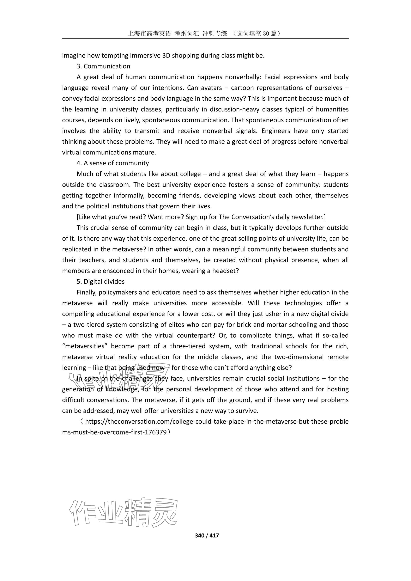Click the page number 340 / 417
(207, 535)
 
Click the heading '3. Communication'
(103, 66)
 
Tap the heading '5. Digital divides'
(101, 282)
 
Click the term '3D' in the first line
(166, 55)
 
